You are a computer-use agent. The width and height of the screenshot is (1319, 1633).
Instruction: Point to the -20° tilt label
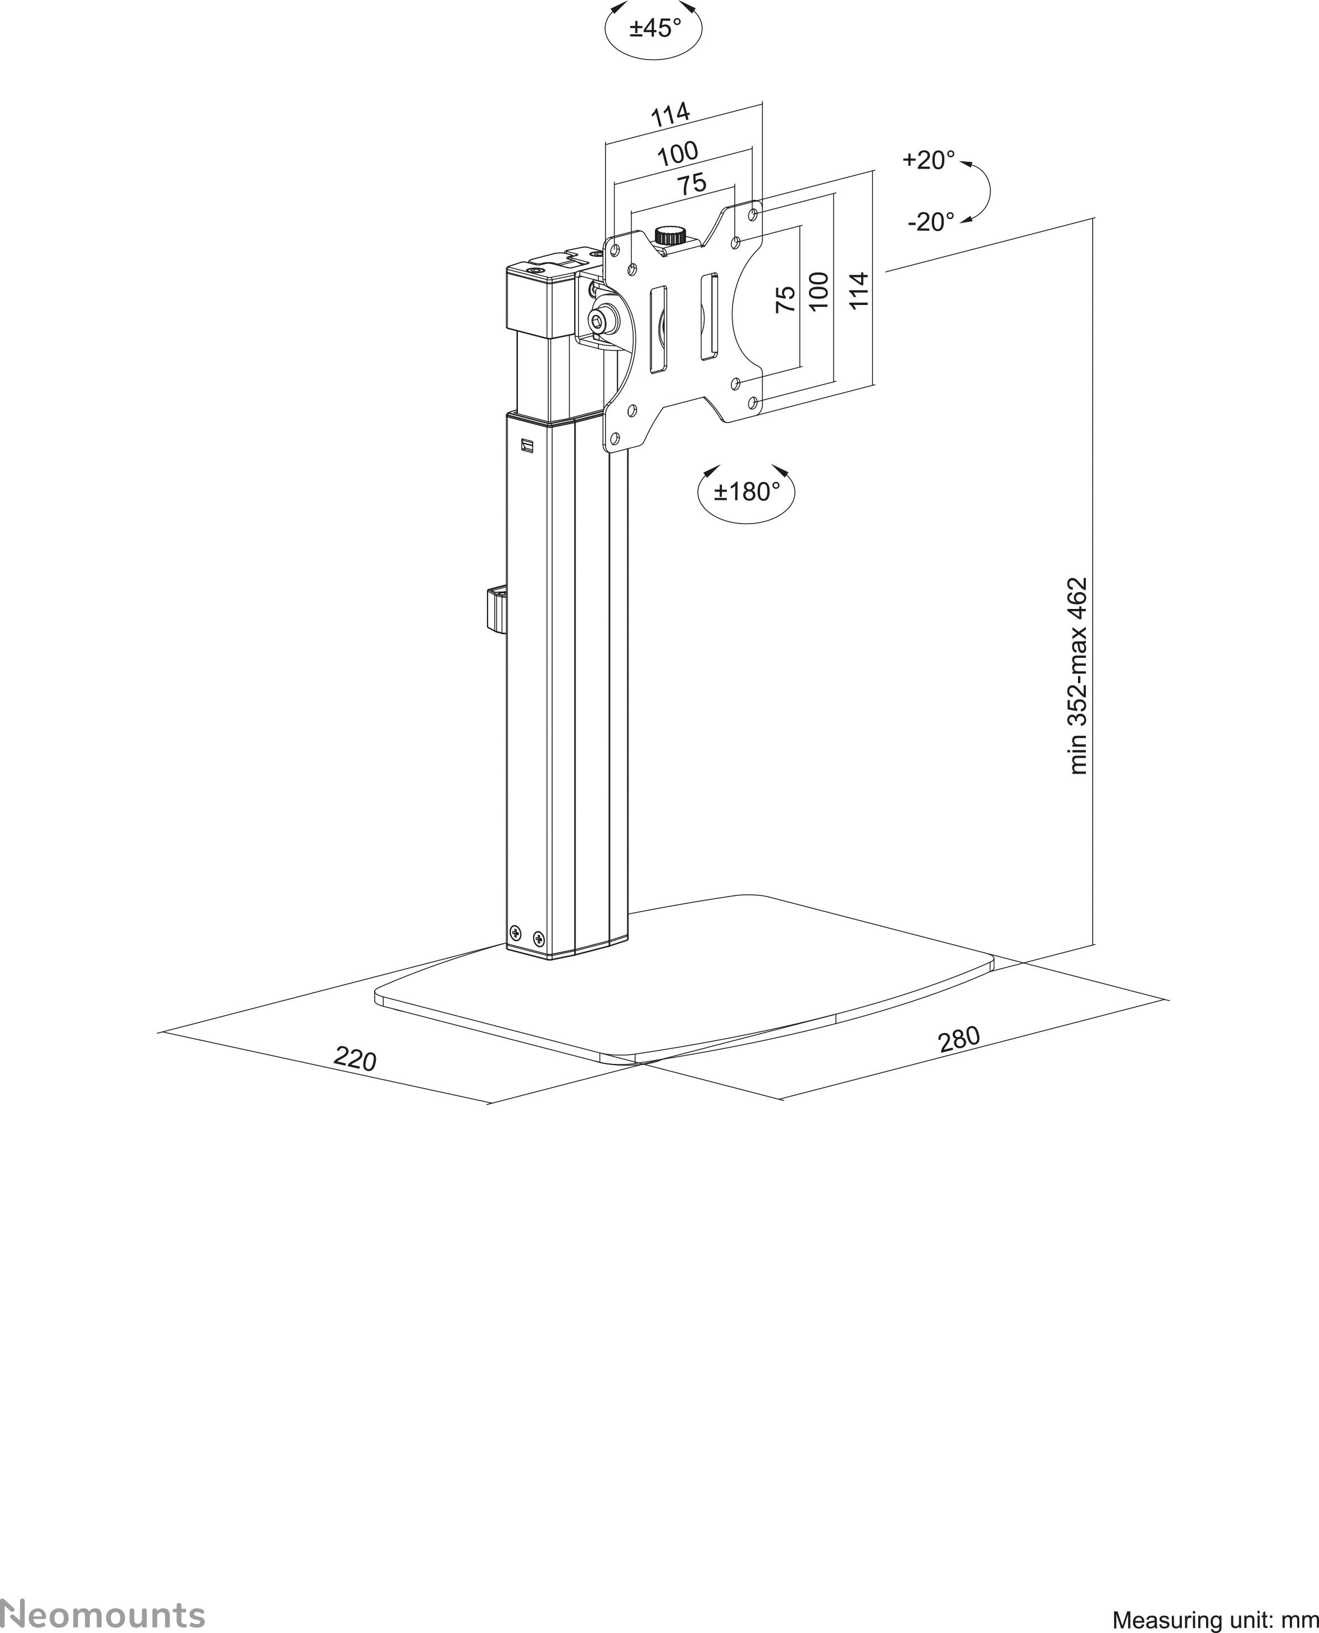[x=931, y=222]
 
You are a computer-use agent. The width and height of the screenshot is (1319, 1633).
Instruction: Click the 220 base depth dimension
[x=355, y=1058]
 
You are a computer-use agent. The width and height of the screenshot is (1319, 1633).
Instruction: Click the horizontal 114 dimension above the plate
[x=670, y=115]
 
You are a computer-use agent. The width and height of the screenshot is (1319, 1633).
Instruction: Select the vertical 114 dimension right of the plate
[x=858, y=290]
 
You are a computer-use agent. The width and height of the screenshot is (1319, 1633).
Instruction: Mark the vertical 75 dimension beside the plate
[x=786, y=299]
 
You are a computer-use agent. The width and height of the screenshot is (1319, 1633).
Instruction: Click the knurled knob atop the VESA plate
[x=670, y=234]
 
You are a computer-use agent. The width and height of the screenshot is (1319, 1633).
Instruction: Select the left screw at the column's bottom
[x=516, y=933]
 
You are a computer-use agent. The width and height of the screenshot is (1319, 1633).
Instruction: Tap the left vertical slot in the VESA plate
[x=658, y=329]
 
